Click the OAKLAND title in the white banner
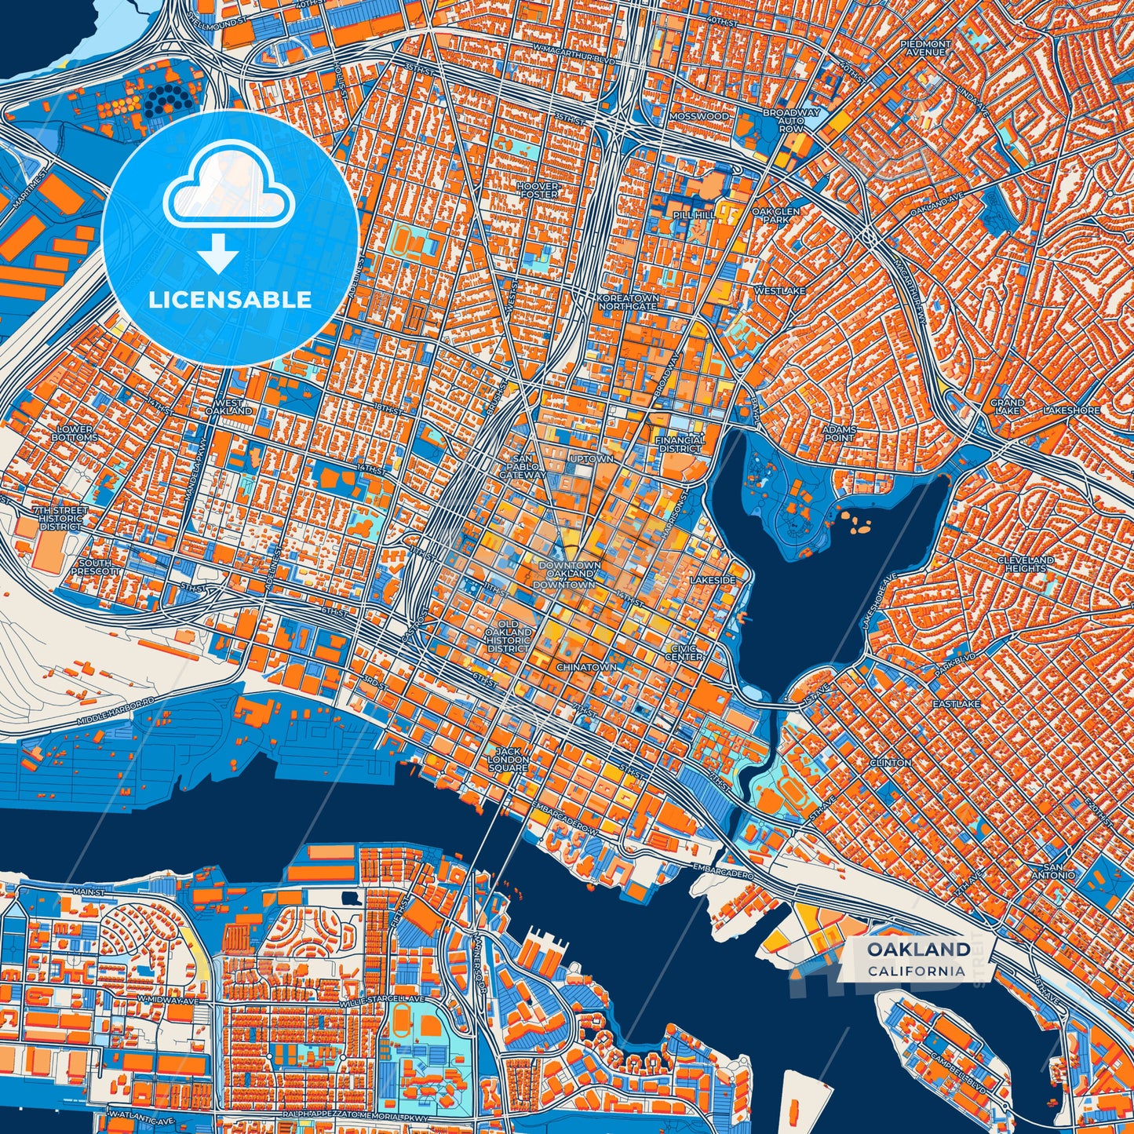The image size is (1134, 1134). [918, 950]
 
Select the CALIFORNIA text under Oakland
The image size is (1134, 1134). [916, 971]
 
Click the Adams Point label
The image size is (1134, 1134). [838, 433]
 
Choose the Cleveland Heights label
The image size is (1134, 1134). [1025, 563]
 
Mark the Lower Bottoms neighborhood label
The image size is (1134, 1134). [75, 433]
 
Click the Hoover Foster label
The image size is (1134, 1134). [538, 190]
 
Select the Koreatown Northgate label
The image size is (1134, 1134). [627, 302]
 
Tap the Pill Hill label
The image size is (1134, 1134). [694, 214]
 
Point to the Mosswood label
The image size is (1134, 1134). [698, 116]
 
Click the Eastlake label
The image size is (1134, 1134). [956, 704]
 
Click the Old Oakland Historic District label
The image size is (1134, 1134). [508, 636]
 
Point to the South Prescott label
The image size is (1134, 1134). [96, 567]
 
